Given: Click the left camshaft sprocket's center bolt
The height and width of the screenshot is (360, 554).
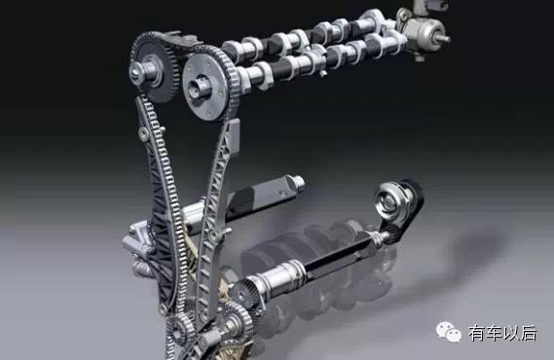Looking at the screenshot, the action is click(136, 72).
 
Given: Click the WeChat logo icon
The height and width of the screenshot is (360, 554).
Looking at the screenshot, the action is click(448, 332).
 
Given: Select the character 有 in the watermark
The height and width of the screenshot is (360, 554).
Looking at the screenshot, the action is click(477, 333).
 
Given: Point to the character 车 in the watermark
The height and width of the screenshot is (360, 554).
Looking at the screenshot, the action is click(495, 333).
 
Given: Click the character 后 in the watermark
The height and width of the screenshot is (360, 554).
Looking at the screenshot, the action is click(529, 333).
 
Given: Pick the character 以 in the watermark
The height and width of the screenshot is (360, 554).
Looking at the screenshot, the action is click(511, 333).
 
